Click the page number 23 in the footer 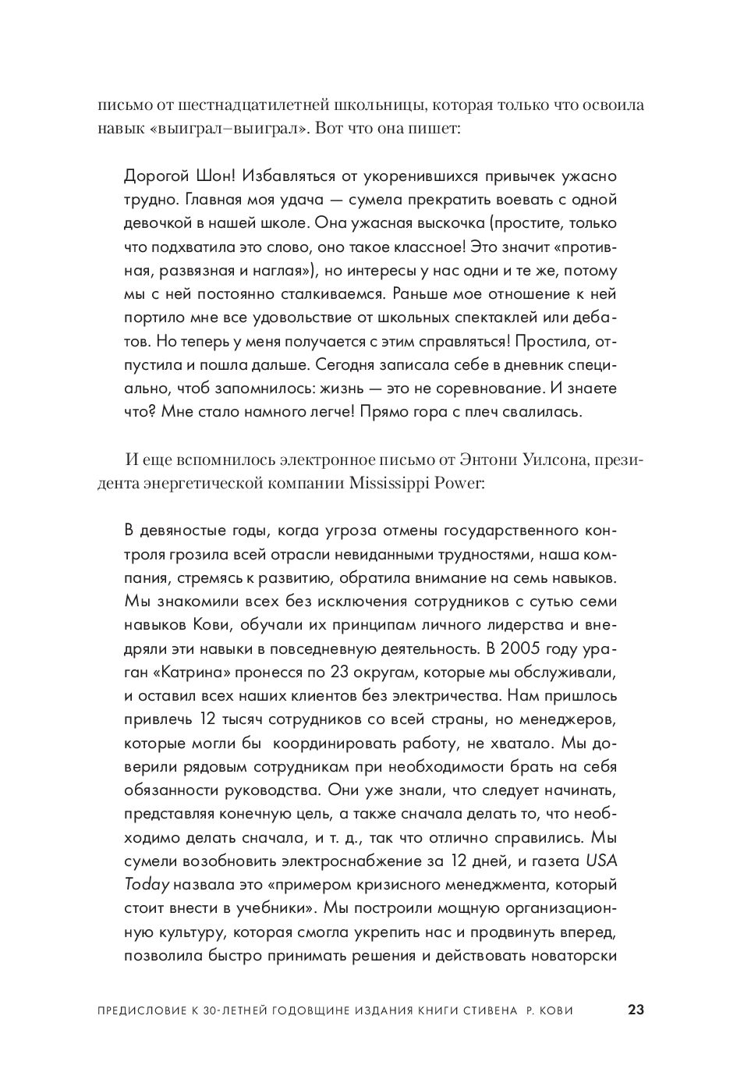click(x=636, y=1010)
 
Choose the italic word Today click(x=147, y=885)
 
